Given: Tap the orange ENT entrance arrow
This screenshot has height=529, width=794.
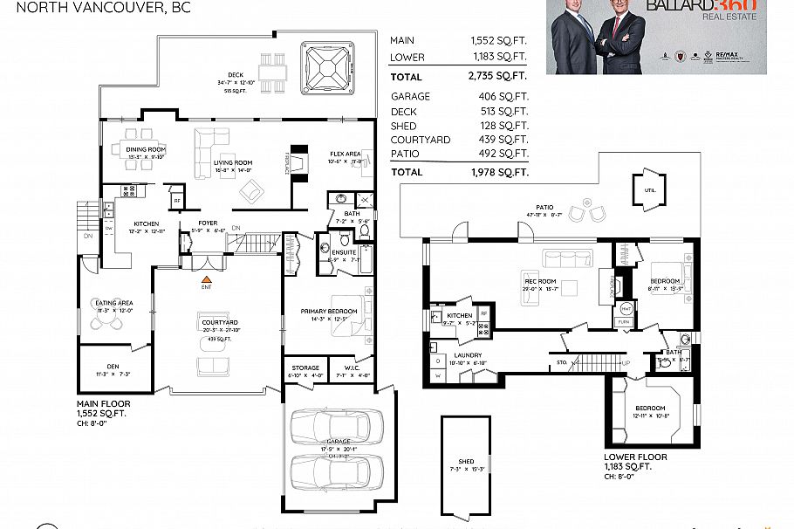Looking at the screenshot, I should point(207,278).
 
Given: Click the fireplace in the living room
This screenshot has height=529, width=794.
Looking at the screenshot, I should point(298,163).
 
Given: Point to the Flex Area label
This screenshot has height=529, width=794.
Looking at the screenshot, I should point(345,154).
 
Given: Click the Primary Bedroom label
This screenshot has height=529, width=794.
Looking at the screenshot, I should point(328,312).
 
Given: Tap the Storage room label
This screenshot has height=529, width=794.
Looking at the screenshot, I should point(305,368).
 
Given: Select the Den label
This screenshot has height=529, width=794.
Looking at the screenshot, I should point(113,367).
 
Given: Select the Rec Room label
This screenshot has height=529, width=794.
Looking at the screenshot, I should point(538,281).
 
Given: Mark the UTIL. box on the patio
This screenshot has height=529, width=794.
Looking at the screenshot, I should point(649,189).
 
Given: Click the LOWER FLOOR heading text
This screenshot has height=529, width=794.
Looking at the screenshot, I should point(635,457).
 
